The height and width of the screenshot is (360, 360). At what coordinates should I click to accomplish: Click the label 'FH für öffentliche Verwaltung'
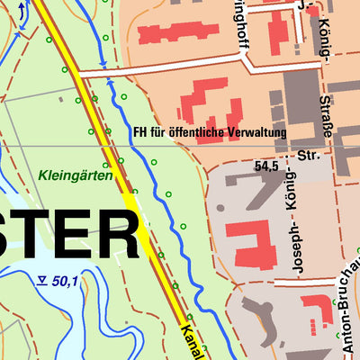[x=210, y=132]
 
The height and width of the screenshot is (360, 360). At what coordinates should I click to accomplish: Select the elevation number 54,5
[x=267, y=166]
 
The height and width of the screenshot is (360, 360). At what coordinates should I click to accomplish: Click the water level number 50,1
[x=66, y=282]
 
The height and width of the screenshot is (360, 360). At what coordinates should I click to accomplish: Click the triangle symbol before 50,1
[x=42, y=281]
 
